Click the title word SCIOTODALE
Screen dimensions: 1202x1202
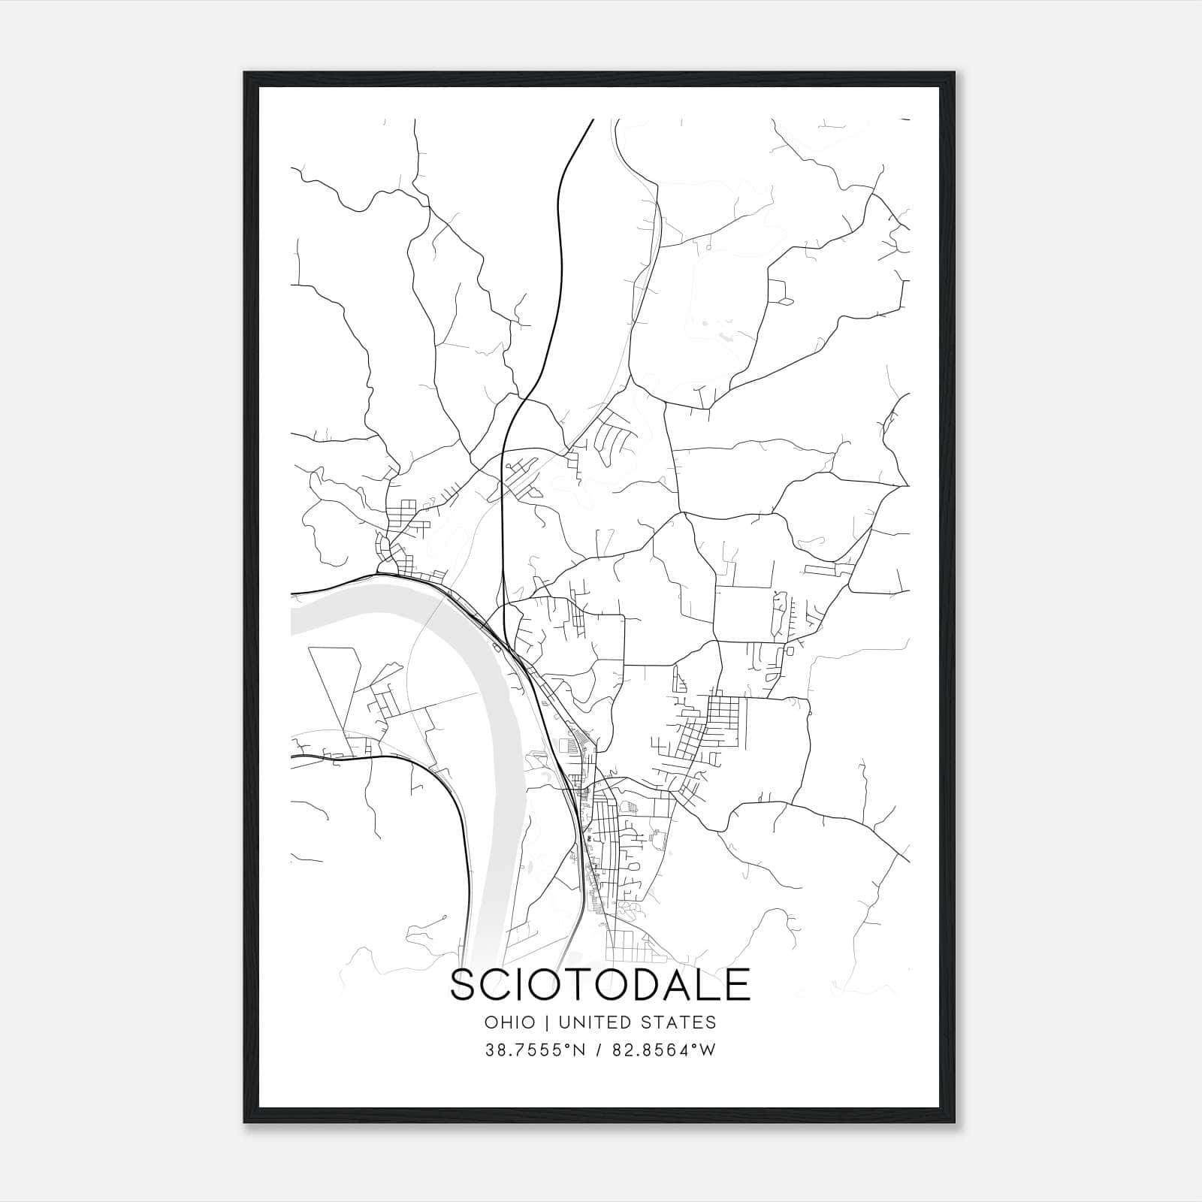(x=599, y=985)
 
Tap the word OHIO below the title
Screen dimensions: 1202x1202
(x=510, y=1022)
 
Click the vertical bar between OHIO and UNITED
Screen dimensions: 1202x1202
(x=547, y=1022)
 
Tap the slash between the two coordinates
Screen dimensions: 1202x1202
(x=599, y=1050)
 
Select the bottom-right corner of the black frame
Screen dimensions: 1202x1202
(x=955, y=1125)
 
